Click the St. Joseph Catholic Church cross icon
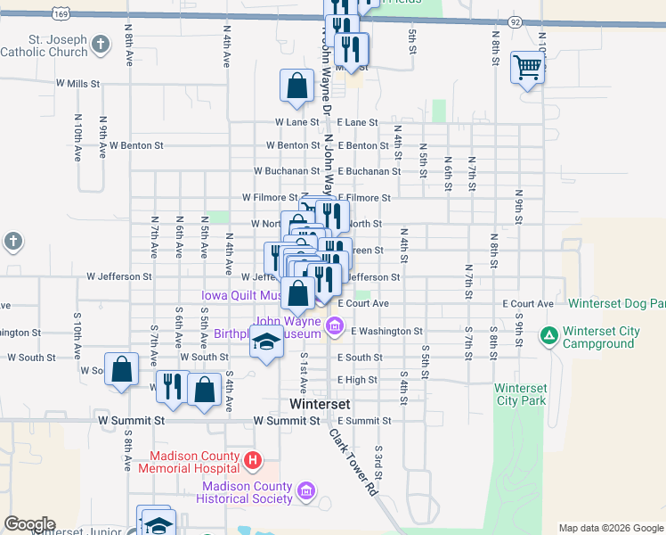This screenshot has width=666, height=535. pos(102,43)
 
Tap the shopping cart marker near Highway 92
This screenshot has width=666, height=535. pos(527,67)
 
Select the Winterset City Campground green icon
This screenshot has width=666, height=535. pos(549,337)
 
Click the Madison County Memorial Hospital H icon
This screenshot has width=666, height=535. pos(254,461)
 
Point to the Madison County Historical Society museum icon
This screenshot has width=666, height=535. pos(306,491)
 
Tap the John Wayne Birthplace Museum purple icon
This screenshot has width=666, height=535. pos(335,326)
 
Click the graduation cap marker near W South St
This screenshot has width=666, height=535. pos(266,342)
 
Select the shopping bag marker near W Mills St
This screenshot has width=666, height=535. pos(297,87)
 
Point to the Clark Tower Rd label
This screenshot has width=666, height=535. pos(353,463)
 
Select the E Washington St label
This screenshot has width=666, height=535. pos(386,331)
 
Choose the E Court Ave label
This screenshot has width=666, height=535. pos(363,304)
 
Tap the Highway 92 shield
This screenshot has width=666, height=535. pos(516,21)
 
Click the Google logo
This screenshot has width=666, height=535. pos(29,524)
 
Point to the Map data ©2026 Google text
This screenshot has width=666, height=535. pos(611,528)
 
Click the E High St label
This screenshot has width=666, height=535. pos(357,380)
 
